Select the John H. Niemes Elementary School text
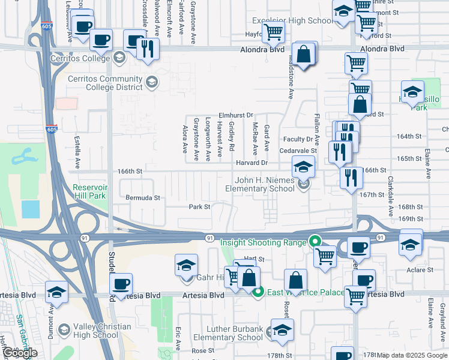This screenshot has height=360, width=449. point(264,184)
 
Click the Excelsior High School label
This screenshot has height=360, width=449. point(292,21)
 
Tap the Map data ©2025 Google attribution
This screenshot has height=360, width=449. point(412,355)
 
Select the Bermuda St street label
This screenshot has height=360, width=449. point(143,197)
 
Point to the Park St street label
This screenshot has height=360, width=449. point(200,207)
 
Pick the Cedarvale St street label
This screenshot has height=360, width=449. point(298,151)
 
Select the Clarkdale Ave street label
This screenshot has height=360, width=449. point(390,196)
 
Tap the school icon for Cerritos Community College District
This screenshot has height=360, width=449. point(152,82)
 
